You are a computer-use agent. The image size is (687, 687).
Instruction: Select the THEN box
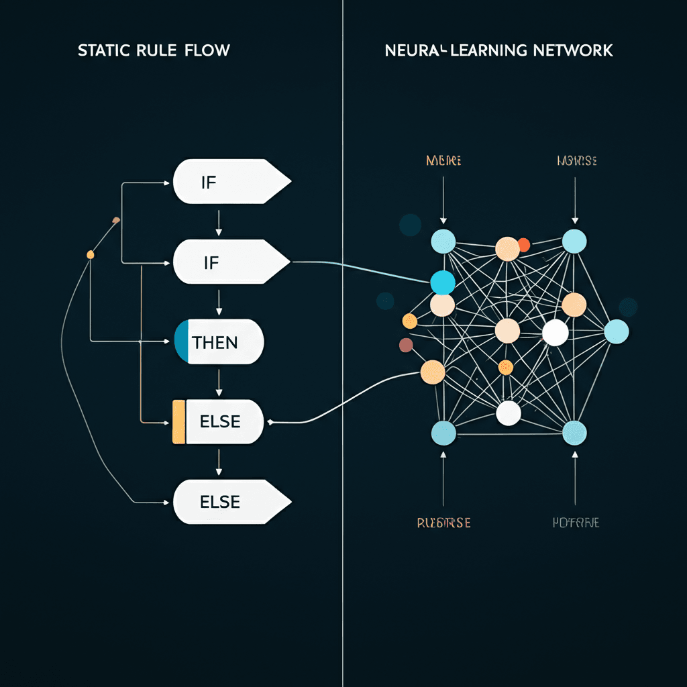(x=219, y=341)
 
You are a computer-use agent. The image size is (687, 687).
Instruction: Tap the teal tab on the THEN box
(x=182, y=341)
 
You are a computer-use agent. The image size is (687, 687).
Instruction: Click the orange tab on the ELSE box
(x=178, y=421)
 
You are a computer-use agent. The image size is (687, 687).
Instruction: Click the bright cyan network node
(x=442, y=282)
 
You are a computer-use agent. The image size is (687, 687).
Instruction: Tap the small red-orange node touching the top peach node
(x=524, y=245)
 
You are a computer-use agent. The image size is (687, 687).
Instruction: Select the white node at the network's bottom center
(x=508, y=413)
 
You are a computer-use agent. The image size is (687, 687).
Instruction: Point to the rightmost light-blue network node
(x=616, y=331)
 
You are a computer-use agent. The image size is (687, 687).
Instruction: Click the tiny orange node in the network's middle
(x=506, y=367)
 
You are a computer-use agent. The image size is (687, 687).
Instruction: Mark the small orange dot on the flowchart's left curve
(x=91, y=254)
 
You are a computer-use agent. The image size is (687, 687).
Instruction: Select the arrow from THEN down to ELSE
(x=218, y=382)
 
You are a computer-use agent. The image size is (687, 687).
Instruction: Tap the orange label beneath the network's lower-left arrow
(x=443, y=523)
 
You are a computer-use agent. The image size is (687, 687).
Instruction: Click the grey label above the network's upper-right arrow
(x=576, y=161)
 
